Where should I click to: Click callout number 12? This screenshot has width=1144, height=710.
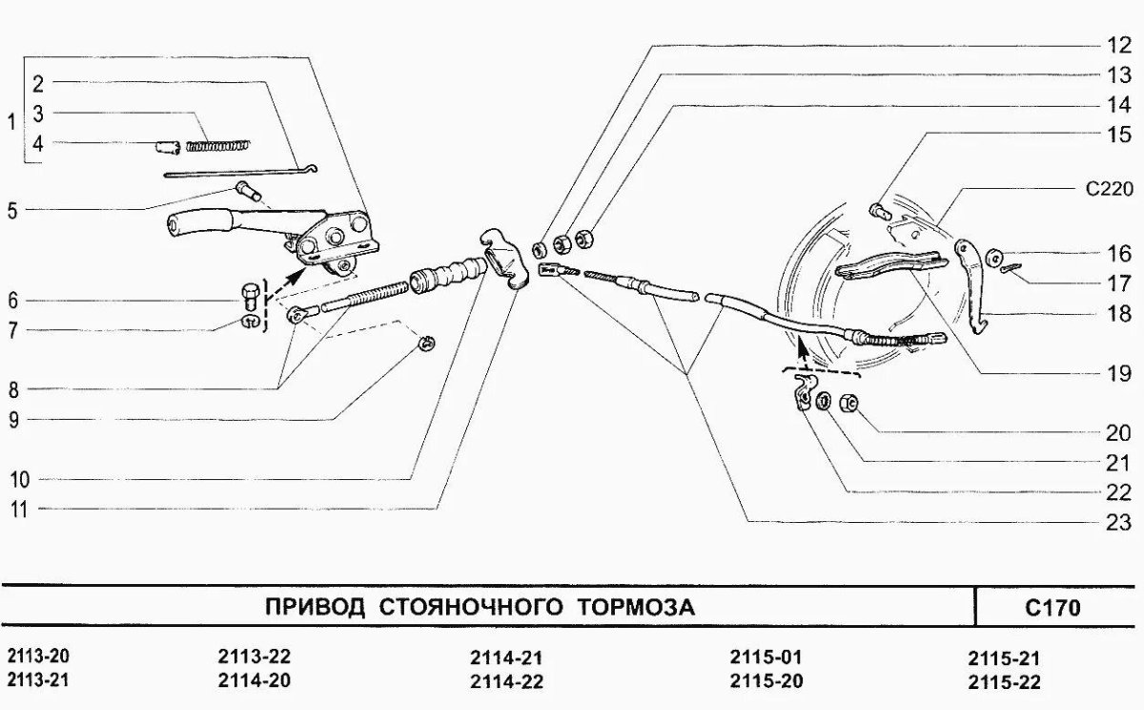point(1118,44)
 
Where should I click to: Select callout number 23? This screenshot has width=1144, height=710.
point(1118,521)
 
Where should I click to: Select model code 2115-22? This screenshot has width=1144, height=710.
point(1003,681)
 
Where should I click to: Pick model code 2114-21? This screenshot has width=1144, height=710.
point(506,658)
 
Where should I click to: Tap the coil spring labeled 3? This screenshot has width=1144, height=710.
point(218,145)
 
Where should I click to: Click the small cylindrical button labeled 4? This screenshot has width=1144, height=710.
point(168,148)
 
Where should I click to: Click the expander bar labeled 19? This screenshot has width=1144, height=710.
point(892,265)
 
